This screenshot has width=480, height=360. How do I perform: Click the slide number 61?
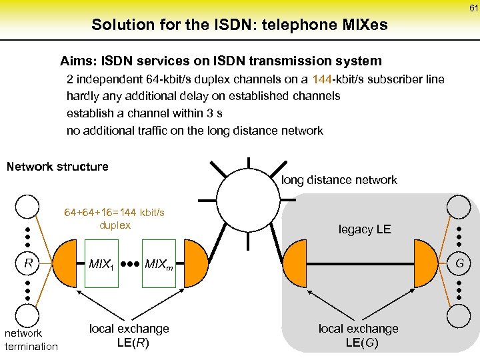click(x=473, y=9)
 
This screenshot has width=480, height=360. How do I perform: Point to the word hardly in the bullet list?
click(x=83, y=96)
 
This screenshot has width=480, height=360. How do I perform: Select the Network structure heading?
click(x=57, y=167)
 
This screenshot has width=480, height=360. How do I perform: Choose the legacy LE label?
click(x=365, y=229)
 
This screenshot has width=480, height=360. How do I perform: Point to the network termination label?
click(x=31, y=339)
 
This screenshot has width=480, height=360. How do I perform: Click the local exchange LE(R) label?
click(x=129, y=336)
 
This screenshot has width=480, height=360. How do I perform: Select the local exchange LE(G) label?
click(x=358, y=336)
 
